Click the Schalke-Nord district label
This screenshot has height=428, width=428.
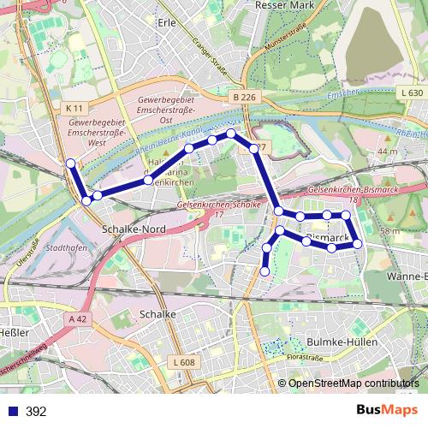[134, 230]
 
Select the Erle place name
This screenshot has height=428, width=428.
[166, 23]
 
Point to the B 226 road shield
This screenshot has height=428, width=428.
[243, 98]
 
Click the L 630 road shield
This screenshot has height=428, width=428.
[411, 92]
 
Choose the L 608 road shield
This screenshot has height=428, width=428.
[183, 363]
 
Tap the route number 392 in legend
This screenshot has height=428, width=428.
[36, 412]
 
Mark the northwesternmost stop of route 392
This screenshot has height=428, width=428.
[71, 163]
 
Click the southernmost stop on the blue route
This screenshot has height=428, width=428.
[265, 271]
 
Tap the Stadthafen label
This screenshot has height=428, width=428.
[67, 248]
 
